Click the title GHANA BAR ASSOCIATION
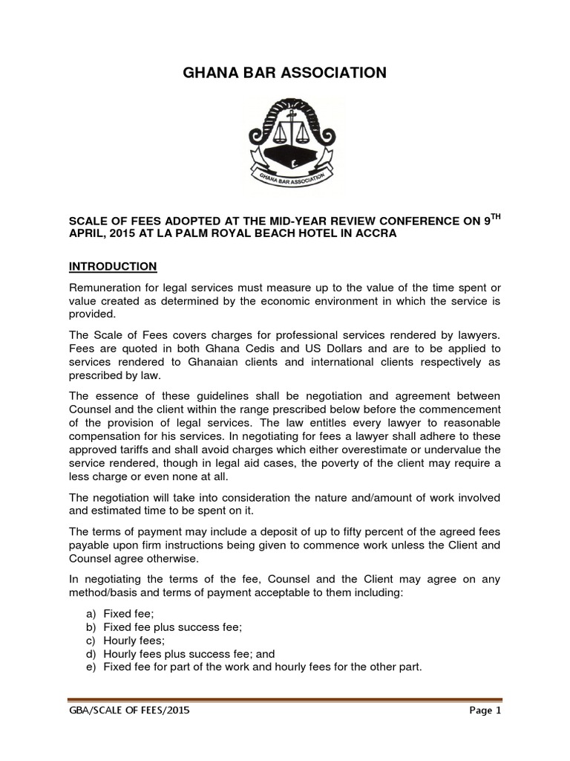[284, 73]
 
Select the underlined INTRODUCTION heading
[112, 266]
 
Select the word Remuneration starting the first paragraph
[106, 288]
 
